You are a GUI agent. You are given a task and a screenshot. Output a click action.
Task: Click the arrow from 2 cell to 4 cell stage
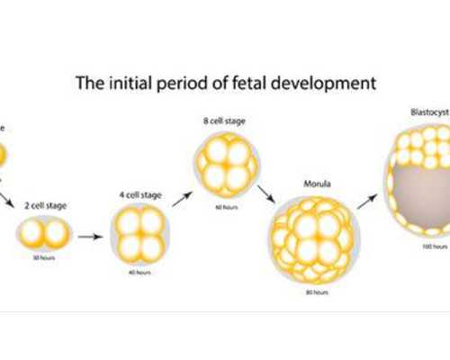coord(89,238)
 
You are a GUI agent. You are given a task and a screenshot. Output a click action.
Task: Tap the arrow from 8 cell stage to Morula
coord(265,194)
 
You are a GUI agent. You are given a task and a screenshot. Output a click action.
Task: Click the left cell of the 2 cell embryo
coord(32,234)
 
